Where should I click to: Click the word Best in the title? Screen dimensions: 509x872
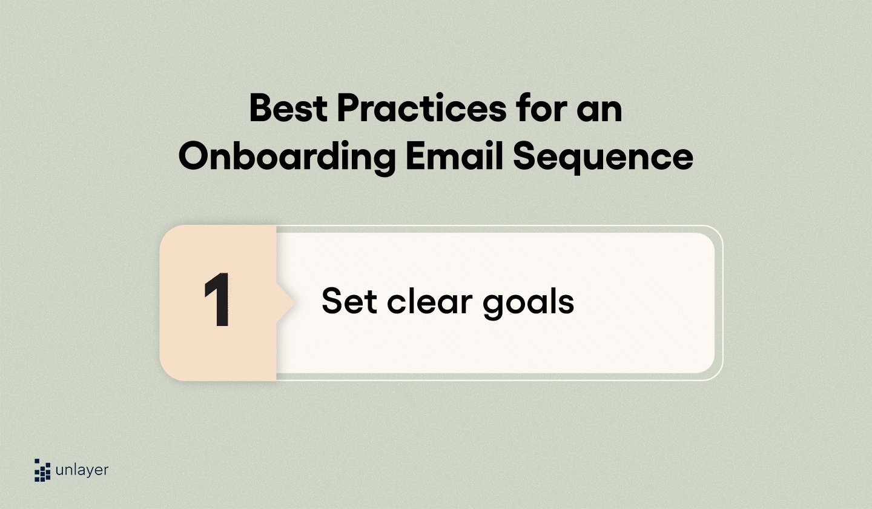click(287, 109)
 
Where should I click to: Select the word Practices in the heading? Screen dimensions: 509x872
click(421, 109)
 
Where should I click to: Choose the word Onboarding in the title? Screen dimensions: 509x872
click(286, 156)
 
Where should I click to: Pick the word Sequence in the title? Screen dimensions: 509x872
click(603, 156)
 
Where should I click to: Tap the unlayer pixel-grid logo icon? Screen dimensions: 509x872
click(42, 470)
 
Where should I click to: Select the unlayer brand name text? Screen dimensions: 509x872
click(82, 470)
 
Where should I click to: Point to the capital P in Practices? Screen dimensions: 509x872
click(349, 109)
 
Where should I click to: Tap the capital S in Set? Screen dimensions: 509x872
click(332, 301)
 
